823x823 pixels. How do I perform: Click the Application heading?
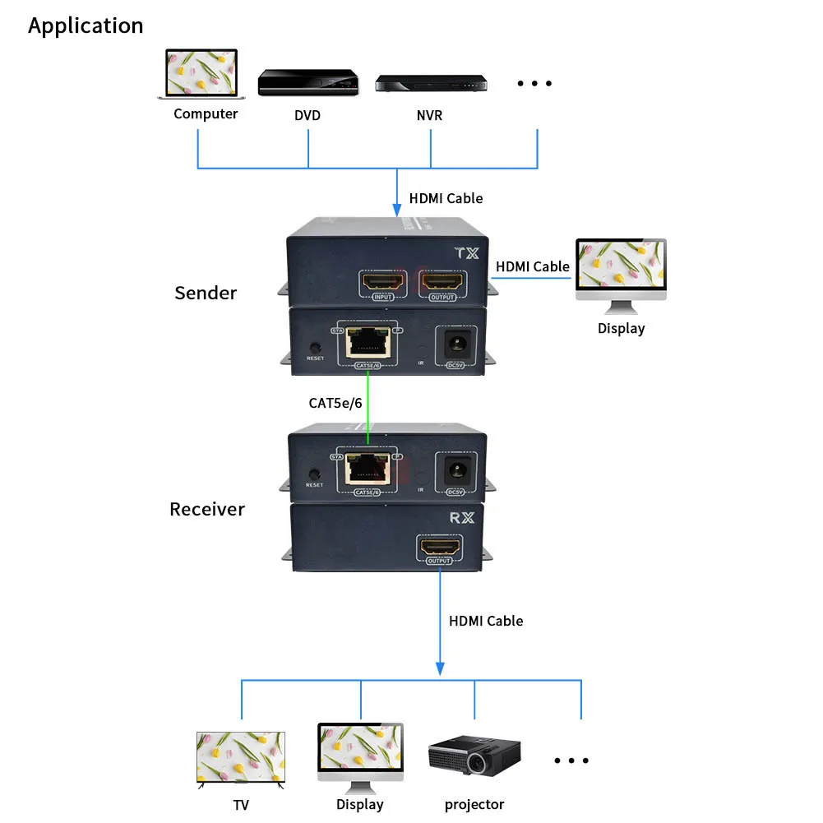[86, 25]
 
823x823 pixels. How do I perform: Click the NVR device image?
[431, 83]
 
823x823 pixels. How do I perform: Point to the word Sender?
[206, 293]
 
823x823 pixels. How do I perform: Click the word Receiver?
[207, 509]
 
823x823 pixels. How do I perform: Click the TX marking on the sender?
[465, 253]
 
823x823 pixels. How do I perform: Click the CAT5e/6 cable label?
[335, 403]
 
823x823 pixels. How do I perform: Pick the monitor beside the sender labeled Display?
[621, 272]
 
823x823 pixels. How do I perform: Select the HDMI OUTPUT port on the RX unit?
[440, 547]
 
